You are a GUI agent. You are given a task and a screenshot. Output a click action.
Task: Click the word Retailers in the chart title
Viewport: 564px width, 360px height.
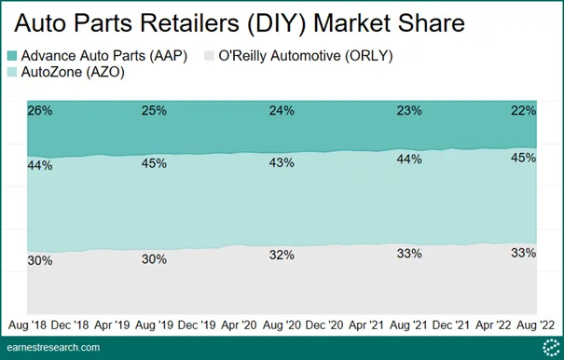point(190,23)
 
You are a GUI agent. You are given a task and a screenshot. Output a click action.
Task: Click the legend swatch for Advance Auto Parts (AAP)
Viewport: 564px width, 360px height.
point(12,56)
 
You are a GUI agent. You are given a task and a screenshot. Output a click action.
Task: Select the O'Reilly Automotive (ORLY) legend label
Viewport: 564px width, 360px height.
point(306,56)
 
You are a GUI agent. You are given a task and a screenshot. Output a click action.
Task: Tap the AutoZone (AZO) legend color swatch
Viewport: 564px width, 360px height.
point(12,72)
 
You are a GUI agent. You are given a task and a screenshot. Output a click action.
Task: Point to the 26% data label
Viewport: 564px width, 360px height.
point(40,111)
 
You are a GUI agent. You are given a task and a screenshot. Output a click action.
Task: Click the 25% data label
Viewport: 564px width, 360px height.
point(154,111)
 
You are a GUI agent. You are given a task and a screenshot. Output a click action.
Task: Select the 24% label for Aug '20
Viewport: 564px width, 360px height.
point(282,111)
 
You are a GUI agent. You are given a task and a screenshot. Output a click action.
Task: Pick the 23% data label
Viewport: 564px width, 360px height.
point(409,111)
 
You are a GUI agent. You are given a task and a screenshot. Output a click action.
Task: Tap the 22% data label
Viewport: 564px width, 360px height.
point(523,111)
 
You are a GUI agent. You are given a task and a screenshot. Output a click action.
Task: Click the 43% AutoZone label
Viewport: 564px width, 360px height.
point(282,162)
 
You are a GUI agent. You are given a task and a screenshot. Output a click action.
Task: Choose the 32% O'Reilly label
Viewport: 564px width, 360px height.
point(282,255)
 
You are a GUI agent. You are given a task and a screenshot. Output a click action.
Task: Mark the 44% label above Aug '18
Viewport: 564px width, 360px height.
point(40,166)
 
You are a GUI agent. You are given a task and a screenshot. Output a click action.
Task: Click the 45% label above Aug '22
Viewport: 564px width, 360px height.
point(523,158)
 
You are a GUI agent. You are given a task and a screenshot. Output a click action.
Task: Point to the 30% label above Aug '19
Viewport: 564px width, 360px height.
point(154,259)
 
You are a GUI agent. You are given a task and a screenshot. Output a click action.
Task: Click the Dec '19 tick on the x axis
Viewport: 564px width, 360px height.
point(197,325)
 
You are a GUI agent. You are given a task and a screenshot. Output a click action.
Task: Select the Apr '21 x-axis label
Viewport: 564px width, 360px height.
point(366,325)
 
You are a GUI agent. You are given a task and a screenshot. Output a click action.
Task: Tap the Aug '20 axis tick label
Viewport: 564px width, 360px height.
point(282,325)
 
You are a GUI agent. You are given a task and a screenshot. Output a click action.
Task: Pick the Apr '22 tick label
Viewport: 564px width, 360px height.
point(493,325)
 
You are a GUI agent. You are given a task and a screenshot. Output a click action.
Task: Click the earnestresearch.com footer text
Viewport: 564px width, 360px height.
point(53,348)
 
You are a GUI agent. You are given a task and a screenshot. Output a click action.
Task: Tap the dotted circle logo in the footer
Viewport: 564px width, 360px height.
point(551,348)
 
